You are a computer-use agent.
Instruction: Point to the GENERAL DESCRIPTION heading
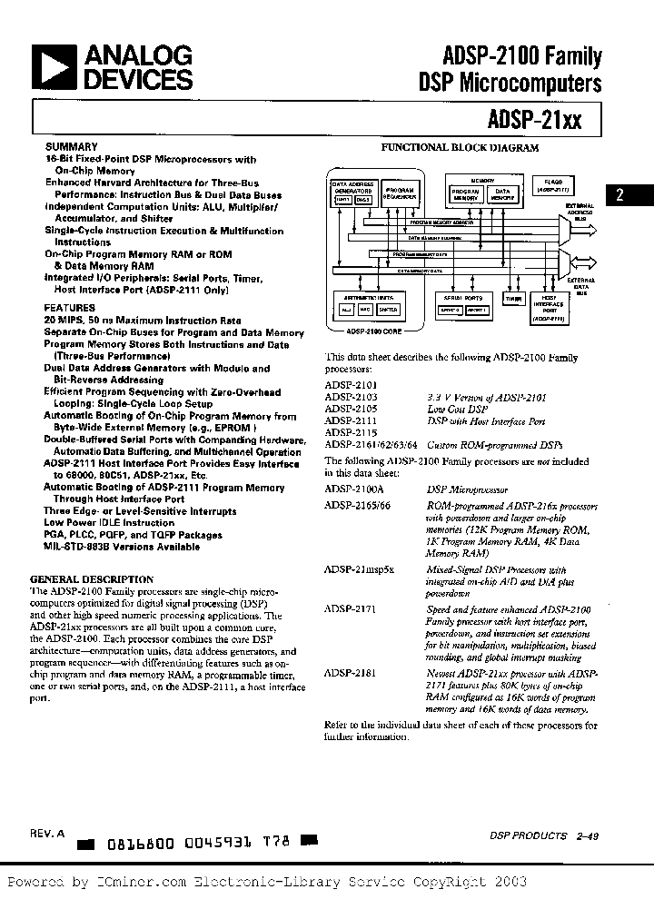click(x=92, y=578)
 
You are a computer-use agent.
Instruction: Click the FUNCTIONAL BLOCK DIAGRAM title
click(x=459, y=147)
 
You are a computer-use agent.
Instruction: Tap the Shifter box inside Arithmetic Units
click(x=388, y=310)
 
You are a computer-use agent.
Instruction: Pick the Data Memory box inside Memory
click(x=501, y=195)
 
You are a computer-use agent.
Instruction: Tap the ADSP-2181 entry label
click(x=344, y=674)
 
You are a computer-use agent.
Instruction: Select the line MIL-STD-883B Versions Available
click(x=122, y=547)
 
